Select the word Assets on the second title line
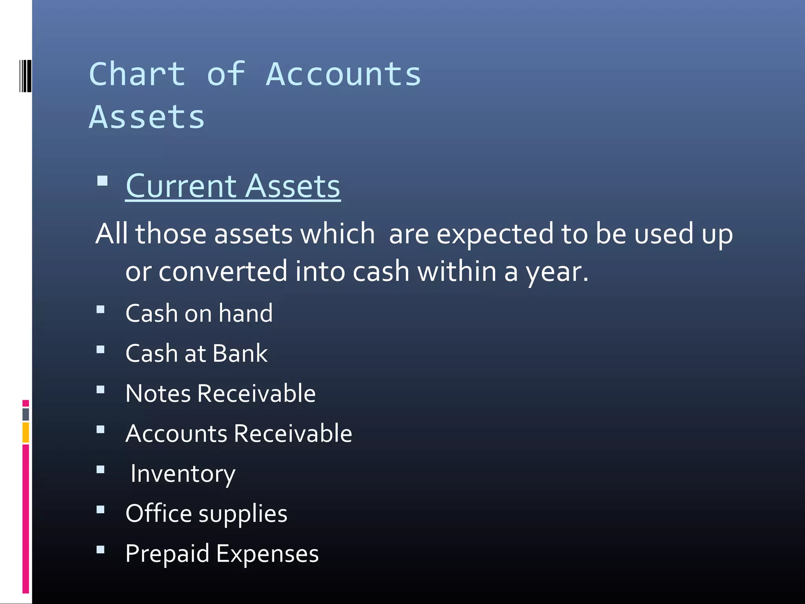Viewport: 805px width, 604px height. [x=147, y=117]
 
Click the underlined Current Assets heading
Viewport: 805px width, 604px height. [x=233, y=186]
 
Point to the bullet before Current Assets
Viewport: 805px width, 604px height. [x=102, y=181]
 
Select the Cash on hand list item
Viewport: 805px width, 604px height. [x=199, y=313]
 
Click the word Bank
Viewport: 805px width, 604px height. [x=240, y=353]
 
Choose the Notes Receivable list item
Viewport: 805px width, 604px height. [x=221, y=393]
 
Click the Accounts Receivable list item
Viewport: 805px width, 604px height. [x=239, y=433]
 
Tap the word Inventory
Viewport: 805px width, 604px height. [x=183, y=474]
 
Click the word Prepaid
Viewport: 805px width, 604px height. [x=167, y=554]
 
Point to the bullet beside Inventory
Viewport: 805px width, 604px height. [x=101, y=469]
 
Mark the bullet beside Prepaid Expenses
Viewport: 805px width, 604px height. [x=101, y=549]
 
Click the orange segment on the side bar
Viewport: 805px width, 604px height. [x=26, y=433]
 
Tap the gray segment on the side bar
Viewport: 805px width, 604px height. [x=26, y=414]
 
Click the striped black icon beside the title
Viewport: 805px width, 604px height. [x=25, y=76]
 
